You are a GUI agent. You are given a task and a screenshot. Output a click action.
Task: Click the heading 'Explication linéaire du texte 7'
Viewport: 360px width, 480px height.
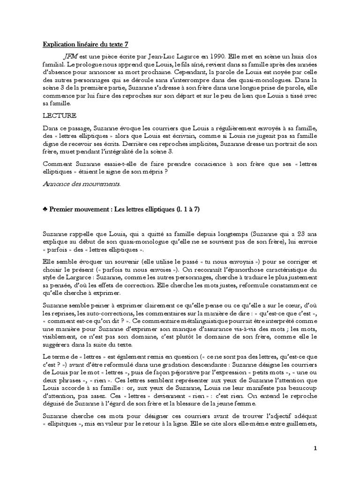(x=85, y=45)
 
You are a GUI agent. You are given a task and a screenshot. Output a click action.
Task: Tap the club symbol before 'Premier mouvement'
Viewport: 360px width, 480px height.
(x=45, y=210)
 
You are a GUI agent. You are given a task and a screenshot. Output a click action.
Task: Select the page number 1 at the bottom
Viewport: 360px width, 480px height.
(x=315, y=448)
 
